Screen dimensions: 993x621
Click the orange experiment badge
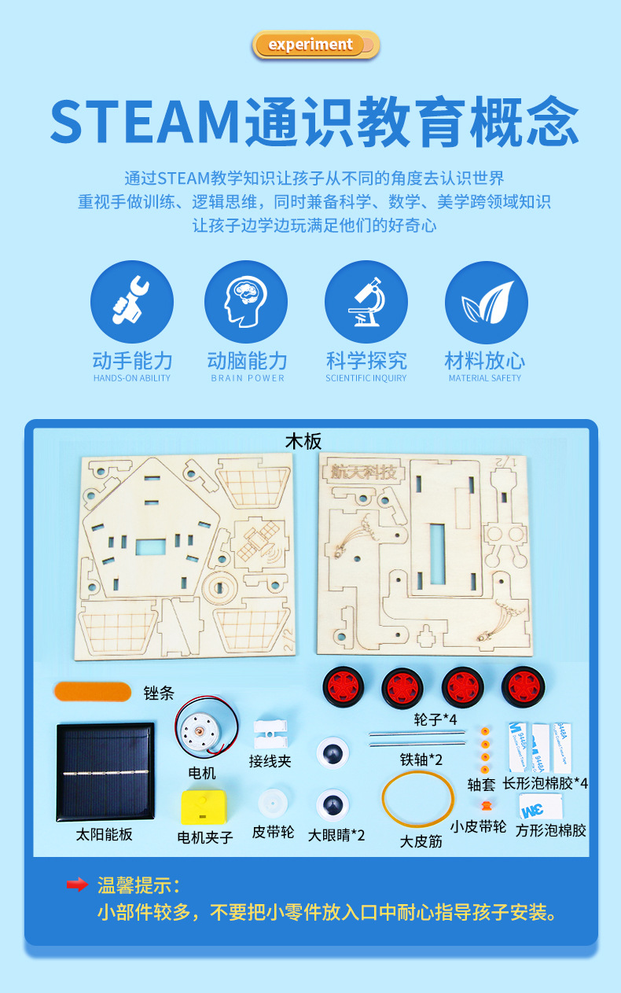315,45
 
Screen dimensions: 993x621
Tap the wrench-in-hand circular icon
132,302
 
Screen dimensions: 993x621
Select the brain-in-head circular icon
246,302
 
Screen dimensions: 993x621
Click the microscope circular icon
366,302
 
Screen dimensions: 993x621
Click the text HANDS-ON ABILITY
132,378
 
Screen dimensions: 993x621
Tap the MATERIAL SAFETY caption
485,378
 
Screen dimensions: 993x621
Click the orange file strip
93,692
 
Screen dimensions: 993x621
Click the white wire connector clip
270,734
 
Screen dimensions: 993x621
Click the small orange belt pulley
484,805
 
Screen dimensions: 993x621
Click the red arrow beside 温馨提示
77,885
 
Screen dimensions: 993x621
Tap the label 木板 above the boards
303,441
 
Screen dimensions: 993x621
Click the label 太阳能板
104,834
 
